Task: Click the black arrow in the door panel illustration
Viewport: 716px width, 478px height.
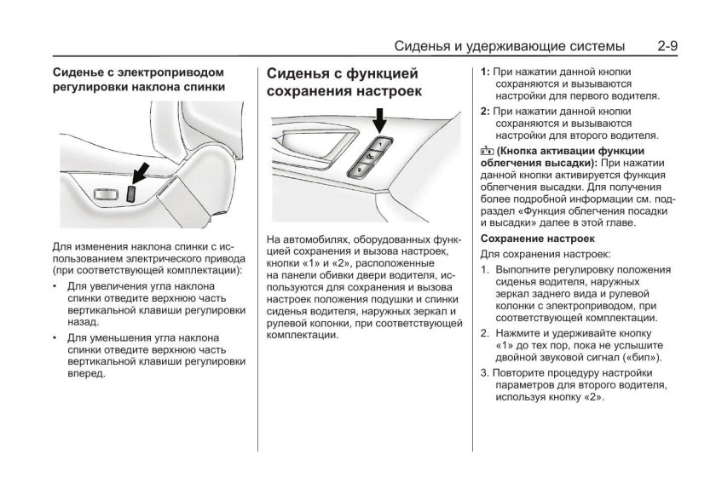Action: click(378, 118)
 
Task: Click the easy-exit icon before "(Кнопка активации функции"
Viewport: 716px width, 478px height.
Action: click(486, 150)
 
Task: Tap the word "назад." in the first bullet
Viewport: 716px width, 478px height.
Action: click(84, 324)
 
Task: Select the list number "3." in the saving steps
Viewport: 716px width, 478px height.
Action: click(485, 372)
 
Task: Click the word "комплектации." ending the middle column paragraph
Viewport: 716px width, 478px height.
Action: click(302, 336)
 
